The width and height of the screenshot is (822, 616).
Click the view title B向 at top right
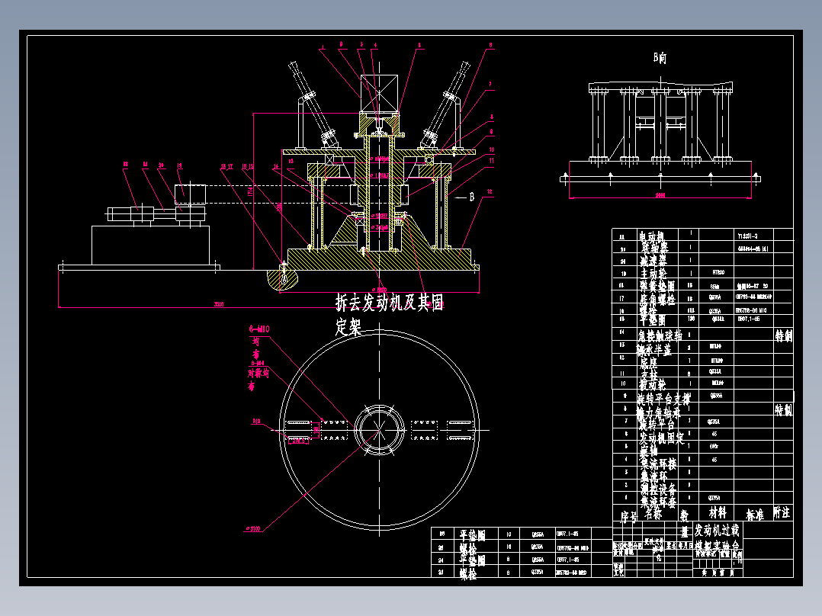(660, 58)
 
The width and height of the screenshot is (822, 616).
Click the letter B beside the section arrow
(472, 197)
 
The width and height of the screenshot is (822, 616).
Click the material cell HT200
(718, 271)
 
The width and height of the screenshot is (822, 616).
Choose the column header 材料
(718, 515)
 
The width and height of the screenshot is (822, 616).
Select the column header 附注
(782, 512)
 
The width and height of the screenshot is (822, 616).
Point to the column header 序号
(625, 515)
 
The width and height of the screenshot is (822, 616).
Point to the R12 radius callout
(257, 420)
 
